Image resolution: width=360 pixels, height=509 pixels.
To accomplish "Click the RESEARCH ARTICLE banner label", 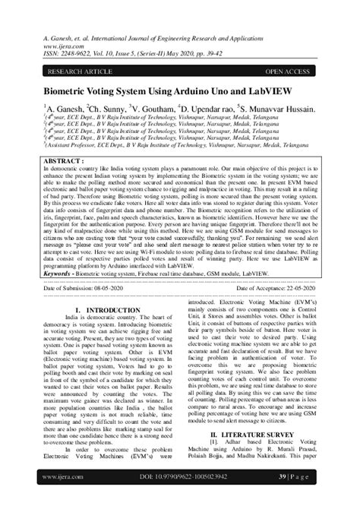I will (82, 71).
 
